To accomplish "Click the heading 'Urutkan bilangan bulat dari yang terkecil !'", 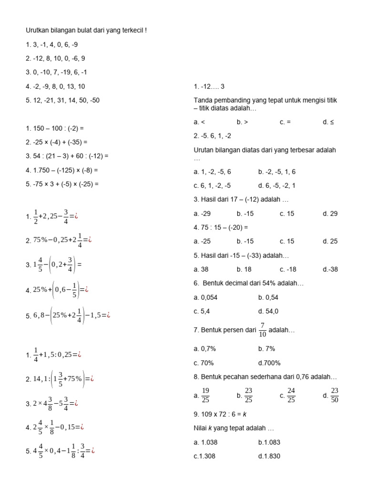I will (86, 30).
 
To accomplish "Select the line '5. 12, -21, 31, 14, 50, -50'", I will (62, 101).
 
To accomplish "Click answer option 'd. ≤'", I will (328, 122).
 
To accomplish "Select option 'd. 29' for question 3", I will (330, 213).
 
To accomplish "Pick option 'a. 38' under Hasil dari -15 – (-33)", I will (202, 269).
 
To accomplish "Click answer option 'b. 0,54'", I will (268, 297).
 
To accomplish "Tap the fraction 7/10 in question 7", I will (262, 330).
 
